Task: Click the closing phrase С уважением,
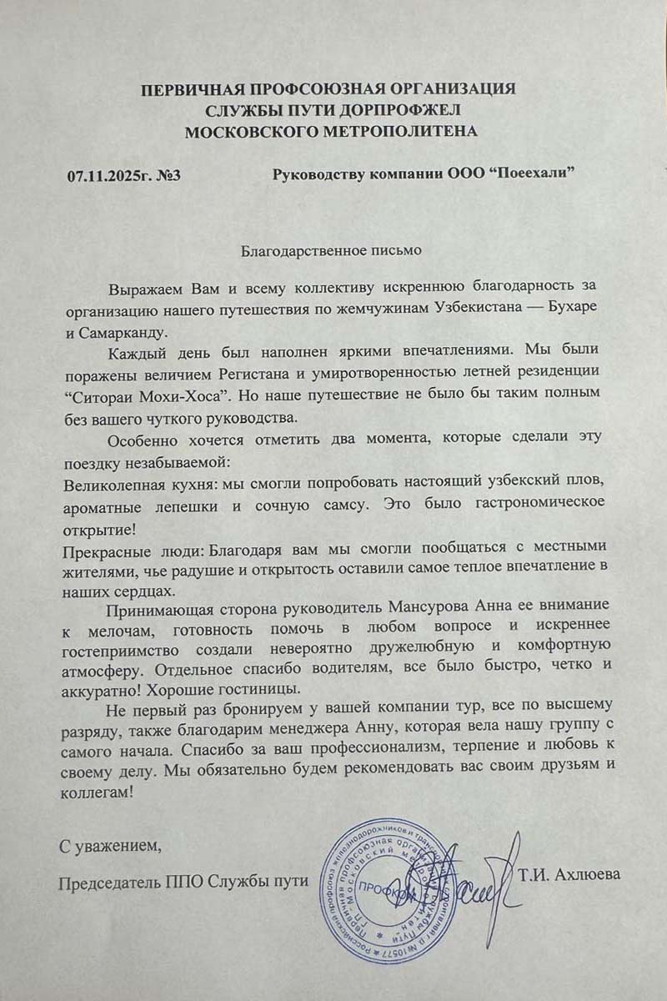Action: pos(109,847)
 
